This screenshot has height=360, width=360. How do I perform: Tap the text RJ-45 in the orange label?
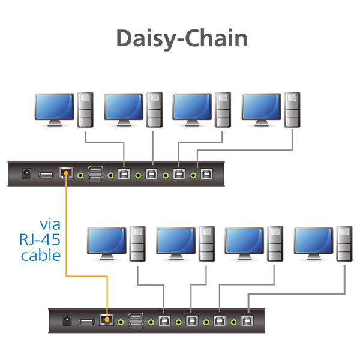(41, 240)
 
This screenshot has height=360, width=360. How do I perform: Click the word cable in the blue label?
(41, 256)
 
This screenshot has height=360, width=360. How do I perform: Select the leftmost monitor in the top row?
(54, 109)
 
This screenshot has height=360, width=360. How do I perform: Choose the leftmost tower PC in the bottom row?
(138, 242)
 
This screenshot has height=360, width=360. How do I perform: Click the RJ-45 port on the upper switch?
(66, 174)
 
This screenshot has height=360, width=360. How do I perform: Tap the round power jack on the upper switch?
(26, 174)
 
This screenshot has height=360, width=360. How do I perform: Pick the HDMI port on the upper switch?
(46, 175)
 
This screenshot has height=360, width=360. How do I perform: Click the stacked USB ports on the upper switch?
(95, 174)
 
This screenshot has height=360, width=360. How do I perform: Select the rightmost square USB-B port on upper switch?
(206, 175)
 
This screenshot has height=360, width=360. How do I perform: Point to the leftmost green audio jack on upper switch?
(111, 175)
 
